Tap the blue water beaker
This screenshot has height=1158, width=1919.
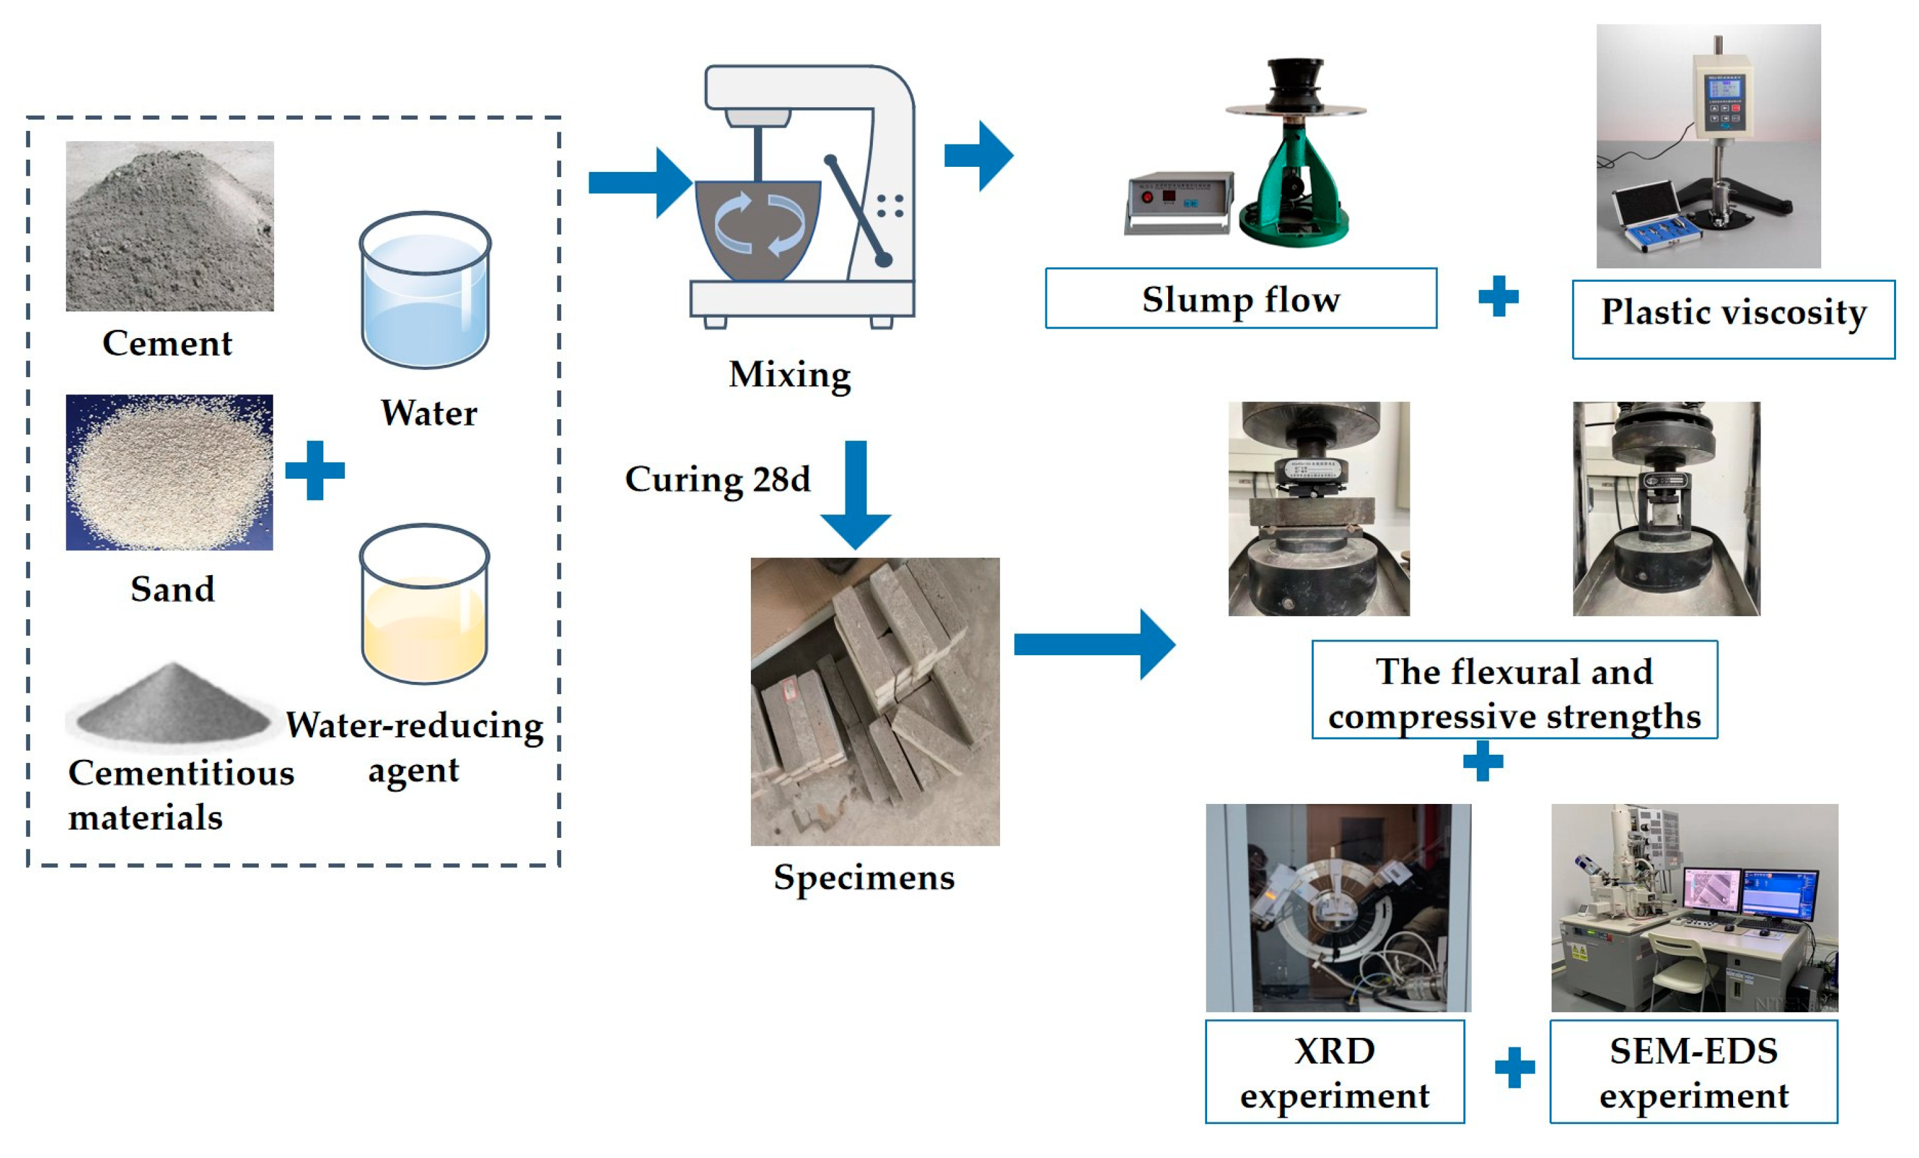tap(424, 292)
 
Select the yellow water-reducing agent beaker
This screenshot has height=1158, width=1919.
tap(424, 605)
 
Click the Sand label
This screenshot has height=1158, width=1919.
tap(172, 589)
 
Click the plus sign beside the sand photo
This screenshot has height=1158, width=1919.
tap(314, 470)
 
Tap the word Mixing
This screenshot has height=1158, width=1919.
tap(789, 374)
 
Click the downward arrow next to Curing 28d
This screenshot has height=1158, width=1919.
tap(855, 495)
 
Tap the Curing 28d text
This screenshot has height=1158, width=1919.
tap(717, 479)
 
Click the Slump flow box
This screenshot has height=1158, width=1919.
tap(1240, 299)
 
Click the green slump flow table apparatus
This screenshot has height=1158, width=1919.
tap(1293, 187)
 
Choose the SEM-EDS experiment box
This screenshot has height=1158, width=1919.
tap(1693, 1072)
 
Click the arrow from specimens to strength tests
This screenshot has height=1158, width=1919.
tap(1094, 645)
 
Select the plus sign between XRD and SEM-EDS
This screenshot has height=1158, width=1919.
tap(1514, 1068)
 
